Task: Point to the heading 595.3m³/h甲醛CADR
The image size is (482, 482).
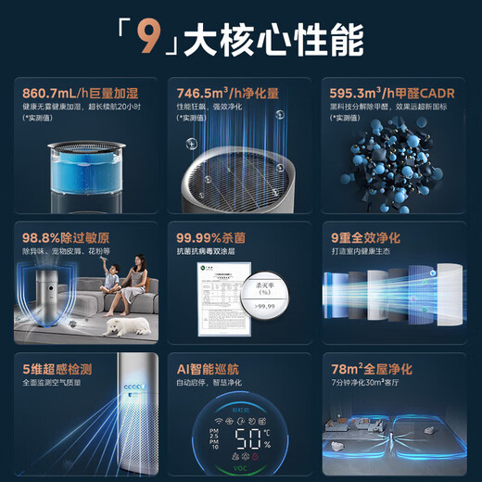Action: coord(389,92)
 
